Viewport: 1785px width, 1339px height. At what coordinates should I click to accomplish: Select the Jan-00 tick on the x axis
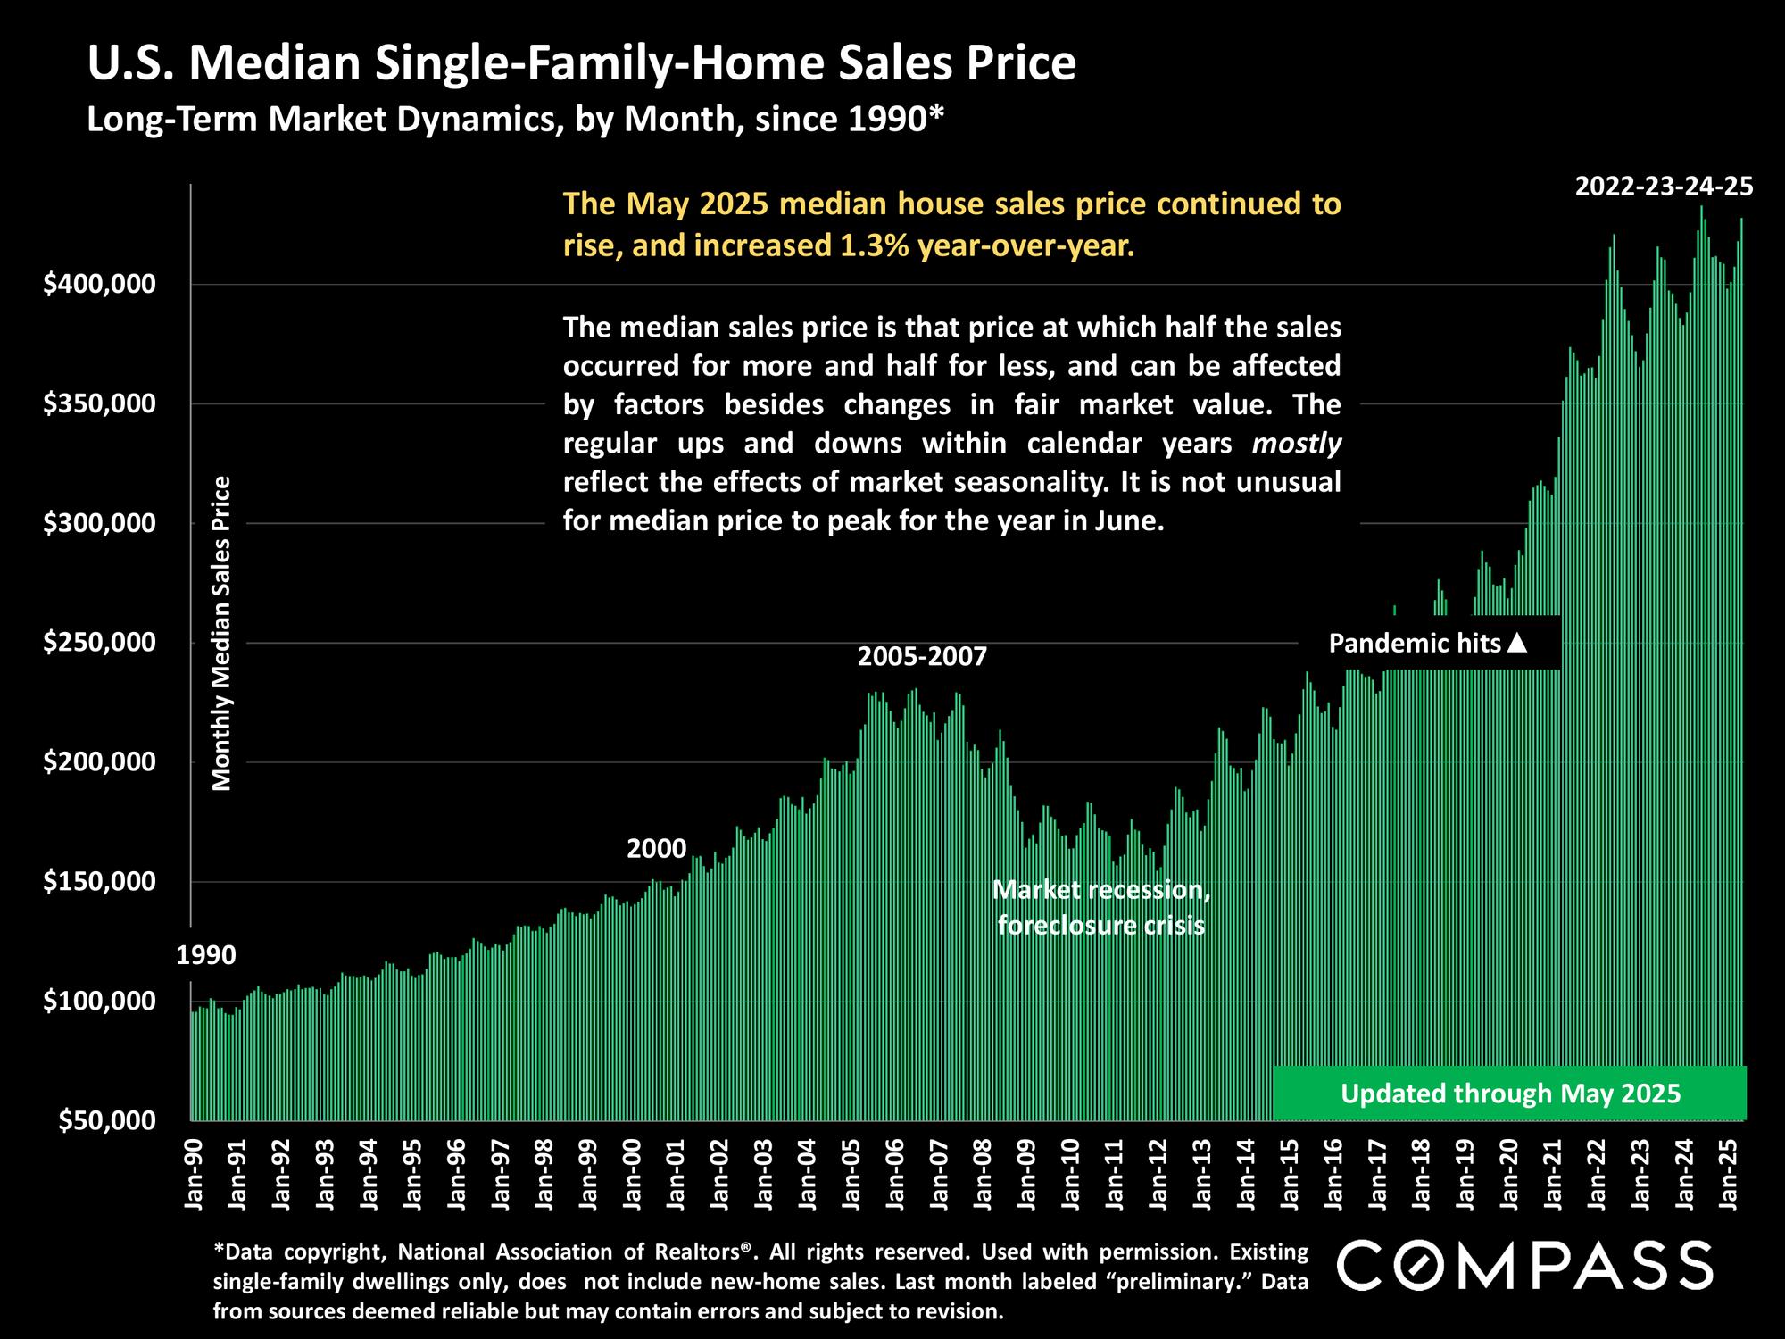pyautogui.click(x=632, y=1173)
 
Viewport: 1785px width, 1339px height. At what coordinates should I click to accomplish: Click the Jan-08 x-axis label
pyautogui.click(x=983, y=1173)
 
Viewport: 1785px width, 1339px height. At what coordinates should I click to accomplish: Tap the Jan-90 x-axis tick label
pyautogui.click(x=194, y=1173)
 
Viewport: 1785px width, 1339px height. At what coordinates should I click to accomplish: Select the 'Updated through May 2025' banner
pyautogui.click(x=1510, y=1094)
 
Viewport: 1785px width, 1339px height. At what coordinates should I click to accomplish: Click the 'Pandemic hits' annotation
pyautogui.click(x=1415, y=643)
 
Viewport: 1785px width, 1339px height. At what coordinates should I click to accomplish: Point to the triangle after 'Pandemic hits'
pyautogui.click(x=1517, y=642)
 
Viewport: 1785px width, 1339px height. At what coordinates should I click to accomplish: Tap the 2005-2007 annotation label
pyautogui.click(x=922, y=657)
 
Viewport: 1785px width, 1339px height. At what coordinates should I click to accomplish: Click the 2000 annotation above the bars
pyautogui.click(x=656, y=848)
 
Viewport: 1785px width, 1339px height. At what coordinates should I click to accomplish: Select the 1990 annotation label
pyautogui.click(x=206, y=955)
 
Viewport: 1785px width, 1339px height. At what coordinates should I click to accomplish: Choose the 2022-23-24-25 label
pyautogui.click(x=1664, y=187)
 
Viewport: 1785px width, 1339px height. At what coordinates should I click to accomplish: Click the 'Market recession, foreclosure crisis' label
pyautogui.click(x=1101, y=907)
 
